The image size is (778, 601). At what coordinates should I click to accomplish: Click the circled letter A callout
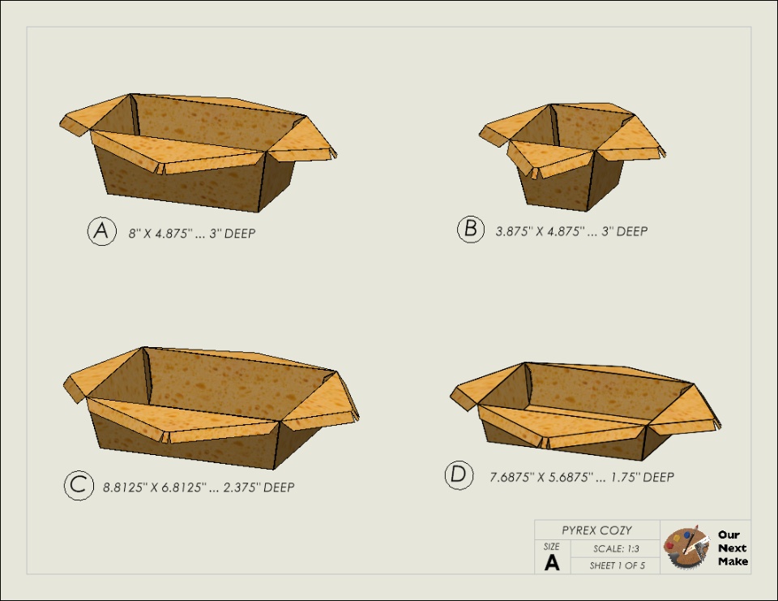102,231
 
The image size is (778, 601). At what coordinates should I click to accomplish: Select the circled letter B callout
470,229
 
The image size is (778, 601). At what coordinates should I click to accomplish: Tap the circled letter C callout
79,485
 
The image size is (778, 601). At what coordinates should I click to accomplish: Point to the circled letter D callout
459,475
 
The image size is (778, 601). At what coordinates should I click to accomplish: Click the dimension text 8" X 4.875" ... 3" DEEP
192,234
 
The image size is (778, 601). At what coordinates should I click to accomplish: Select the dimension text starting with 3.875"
571,231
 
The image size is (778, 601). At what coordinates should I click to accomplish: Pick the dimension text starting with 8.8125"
199,487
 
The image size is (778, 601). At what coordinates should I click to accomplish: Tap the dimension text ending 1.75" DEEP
582,478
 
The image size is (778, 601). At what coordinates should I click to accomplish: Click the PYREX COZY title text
597,530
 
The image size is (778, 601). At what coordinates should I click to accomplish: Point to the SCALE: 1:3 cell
616,549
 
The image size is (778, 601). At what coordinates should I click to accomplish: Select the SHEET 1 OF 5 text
618,565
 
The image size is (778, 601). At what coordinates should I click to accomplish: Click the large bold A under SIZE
552,563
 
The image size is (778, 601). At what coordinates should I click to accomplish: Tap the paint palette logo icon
687,547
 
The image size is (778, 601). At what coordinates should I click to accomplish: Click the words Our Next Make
733,547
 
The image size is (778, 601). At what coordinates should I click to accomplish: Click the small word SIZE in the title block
551,547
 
